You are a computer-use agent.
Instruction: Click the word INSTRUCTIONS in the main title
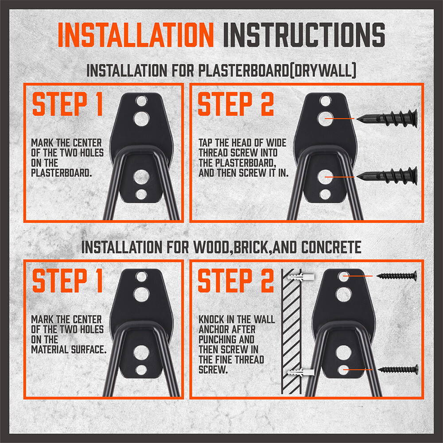tap(303, 35)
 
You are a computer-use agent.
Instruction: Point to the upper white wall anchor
tap(300, 278)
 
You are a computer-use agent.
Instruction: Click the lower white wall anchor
tap(300, 371)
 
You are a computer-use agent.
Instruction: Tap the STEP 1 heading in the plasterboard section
tap(68, 105)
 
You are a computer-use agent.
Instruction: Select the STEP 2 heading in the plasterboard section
tap(236, 105)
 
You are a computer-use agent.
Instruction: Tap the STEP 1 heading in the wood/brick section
tap(68, 281)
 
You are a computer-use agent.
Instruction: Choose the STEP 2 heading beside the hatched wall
tap(236, 281)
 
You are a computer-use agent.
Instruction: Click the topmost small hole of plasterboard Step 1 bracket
tap(141, 101)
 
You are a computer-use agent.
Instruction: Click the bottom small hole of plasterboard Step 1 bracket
tap(141, 194)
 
